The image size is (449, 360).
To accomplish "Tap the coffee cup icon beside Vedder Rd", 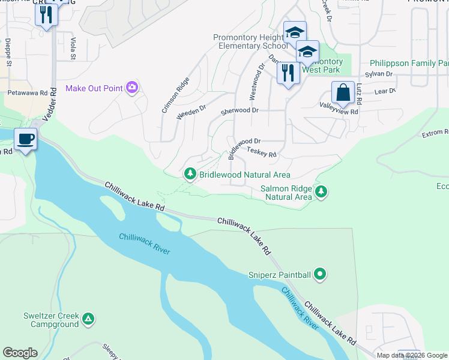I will (x=25, y=140).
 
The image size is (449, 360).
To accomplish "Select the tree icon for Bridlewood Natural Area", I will (x=190, y=174).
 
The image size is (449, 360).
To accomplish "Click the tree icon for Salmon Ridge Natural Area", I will (x=322, y=191).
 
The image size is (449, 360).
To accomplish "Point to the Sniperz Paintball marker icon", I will (x=320, y=275).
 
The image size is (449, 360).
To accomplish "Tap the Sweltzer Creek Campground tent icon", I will (x=88, y=319).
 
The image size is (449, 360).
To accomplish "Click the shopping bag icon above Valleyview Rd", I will (x=343, y=93).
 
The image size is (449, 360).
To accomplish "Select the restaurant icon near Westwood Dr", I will (x=288, y=73).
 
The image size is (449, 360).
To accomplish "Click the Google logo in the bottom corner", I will (x=20, y=353).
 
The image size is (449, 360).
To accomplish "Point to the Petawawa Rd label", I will (x=27, y=94).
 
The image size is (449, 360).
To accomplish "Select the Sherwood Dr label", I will (x=239, y=111).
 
